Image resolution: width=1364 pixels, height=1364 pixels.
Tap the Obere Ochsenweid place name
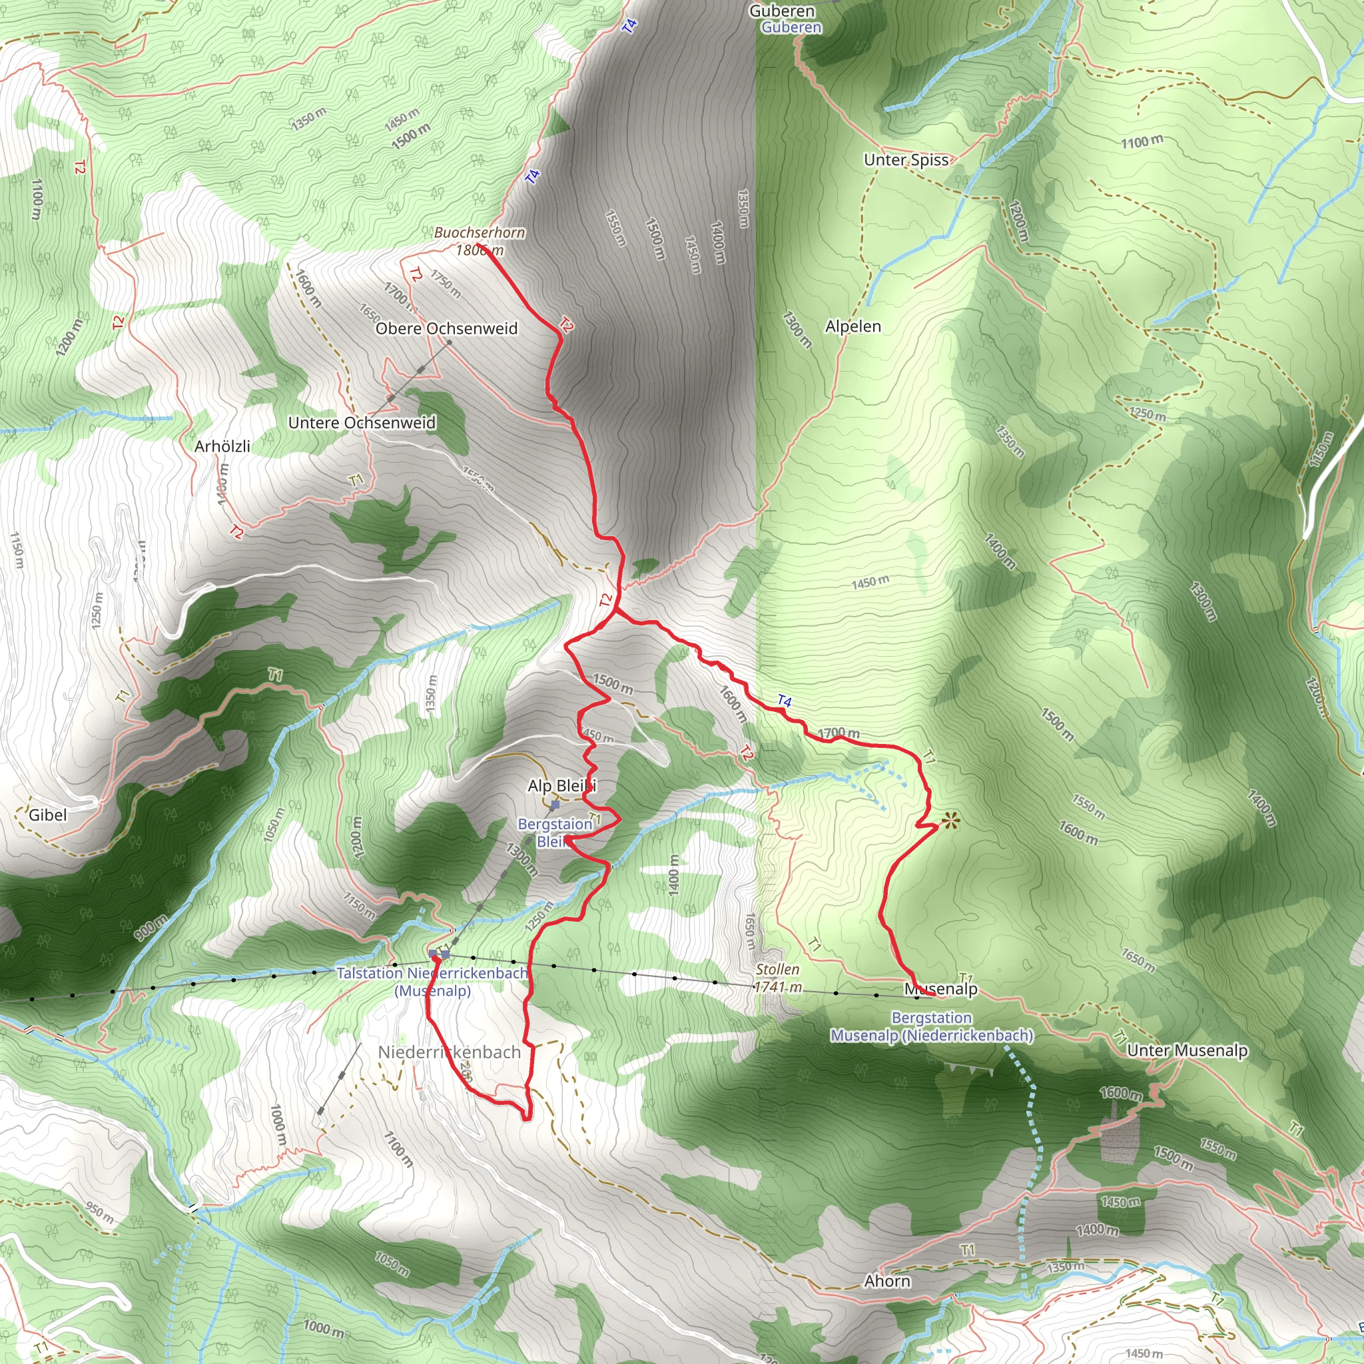coord(446,328)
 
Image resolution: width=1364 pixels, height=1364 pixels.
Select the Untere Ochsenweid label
coord(362,422)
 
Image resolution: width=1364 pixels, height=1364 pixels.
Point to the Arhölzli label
coord(222,446)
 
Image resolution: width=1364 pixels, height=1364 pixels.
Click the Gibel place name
coord(47,815)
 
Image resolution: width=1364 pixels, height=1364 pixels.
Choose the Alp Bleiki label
coord(561,786)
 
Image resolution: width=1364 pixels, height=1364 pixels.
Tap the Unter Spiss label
coord(906,160)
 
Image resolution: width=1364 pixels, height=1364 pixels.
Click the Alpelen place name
coord(853,326)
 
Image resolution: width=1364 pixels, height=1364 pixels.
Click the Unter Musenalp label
coord(1187,1050)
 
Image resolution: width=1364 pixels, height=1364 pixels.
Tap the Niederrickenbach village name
coord(449,1052)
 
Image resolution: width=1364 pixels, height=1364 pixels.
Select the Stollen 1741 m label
coord(777,978)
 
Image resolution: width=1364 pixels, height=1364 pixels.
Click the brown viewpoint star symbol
coord(950,821)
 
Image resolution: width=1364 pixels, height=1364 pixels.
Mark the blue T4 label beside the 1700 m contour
coord(785,701)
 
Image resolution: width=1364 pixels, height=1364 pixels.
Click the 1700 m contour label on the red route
coord(839,733)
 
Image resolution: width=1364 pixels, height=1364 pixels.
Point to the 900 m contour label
coord(151,927)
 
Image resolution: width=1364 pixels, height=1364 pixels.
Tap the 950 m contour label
coord(99,1212)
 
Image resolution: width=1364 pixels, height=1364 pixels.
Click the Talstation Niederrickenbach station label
coord(432,981)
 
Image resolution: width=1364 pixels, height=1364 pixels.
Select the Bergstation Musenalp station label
coord(931,1026)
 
